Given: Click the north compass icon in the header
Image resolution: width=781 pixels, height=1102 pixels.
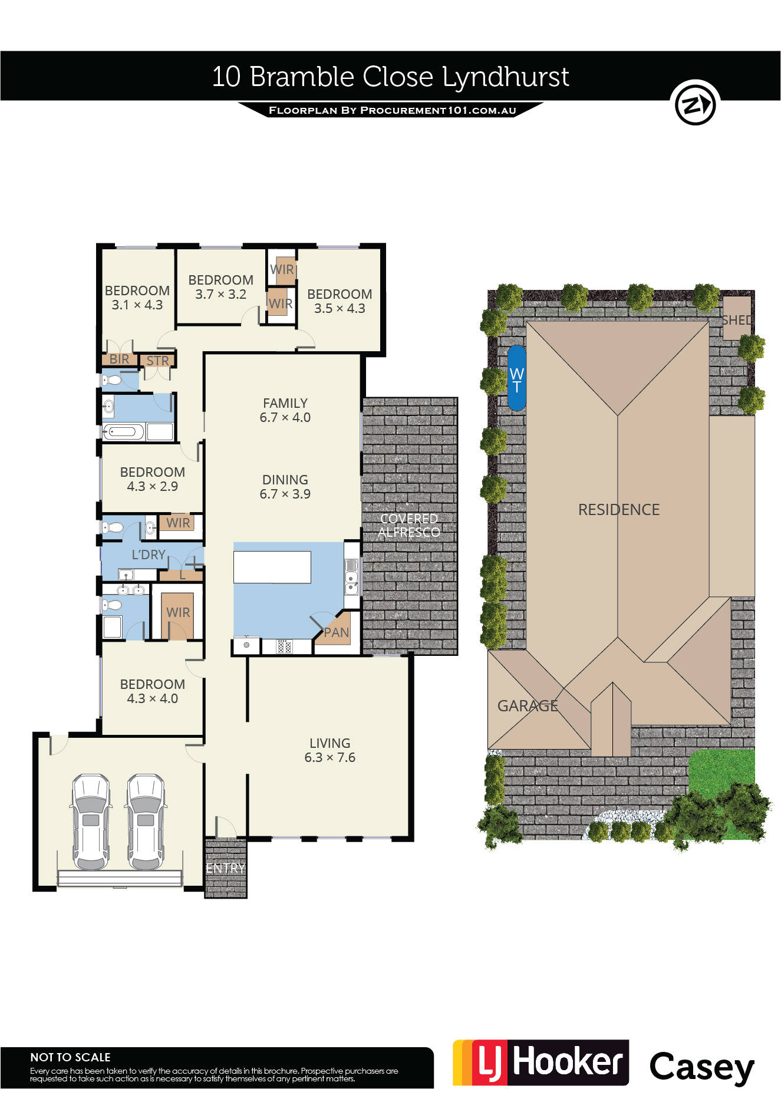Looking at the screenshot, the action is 696,103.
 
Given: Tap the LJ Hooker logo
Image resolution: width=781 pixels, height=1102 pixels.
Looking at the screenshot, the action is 541,1063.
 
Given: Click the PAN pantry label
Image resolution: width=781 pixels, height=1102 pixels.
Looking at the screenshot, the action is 337,632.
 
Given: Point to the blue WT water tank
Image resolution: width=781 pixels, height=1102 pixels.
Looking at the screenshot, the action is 516,378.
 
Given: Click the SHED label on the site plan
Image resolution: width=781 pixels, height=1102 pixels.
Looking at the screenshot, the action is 737,320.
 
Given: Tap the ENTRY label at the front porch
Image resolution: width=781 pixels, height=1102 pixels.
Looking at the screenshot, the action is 225,868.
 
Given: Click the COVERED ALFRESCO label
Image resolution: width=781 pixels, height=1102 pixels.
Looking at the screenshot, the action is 408,525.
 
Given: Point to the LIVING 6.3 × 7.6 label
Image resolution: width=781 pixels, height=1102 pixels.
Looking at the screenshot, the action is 330,750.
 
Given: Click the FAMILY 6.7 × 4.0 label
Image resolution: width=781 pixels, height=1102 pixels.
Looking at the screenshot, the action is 285,410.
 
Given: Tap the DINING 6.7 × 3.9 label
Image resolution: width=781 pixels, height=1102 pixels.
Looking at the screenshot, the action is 285,487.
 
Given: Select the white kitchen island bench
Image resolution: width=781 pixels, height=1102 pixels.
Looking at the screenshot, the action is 272,567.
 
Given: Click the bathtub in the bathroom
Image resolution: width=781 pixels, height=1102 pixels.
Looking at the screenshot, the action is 123,432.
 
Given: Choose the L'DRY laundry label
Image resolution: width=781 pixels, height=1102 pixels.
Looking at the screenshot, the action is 149,555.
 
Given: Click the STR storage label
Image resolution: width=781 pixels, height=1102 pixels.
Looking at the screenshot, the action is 157,361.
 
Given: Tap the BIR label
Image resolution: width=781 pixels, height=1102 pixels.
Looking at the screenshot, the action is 119,359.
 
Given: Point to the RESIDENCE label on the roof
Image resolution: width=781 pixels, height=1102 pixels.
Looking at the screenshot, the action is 619,510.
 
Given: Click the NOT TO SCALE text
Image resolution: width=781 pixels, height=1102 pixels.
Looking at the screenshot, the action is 70,1057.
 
